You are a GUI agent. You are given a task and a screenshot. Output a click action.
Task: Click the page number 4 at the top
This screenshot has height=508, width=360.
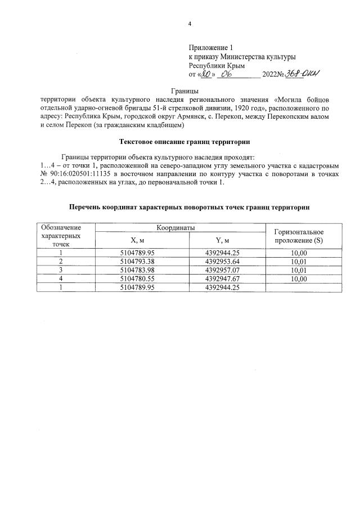coord(190,24)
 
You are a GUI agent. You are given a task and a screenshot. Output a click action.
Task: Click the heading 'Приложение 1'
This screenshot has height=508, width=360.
coord(210,48)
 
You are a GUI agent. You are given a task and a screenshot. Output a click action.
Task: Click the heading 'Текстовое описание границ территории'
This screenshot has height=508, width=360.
coord(185,141)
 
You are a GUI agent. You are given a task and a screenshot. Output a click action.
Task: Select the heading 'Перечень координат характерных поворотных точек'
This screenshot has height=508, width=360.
coord(189,208)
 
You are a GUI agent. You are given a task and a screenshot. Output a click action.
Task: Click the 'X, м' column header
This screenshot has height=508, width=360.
coord(137,241)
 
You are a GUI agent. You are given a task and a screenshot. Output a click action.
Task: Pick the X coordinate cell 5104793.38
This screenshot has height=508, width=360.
coord(137,262)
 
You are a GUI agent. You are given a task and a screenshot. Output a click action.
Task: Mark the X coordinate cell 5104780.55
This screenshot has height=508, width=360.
coord(137,278)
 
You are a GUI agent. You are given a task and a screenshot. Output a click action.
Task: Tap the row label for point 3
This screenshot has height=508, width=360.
coord(60,270)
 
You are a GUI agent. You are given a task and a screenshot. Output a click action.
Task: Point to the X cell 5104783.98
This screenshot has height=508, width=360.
coord(137,270)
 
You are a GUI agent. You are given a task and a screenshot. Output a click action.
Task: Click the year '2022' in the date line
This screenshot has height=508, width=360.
coord(270,74)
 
